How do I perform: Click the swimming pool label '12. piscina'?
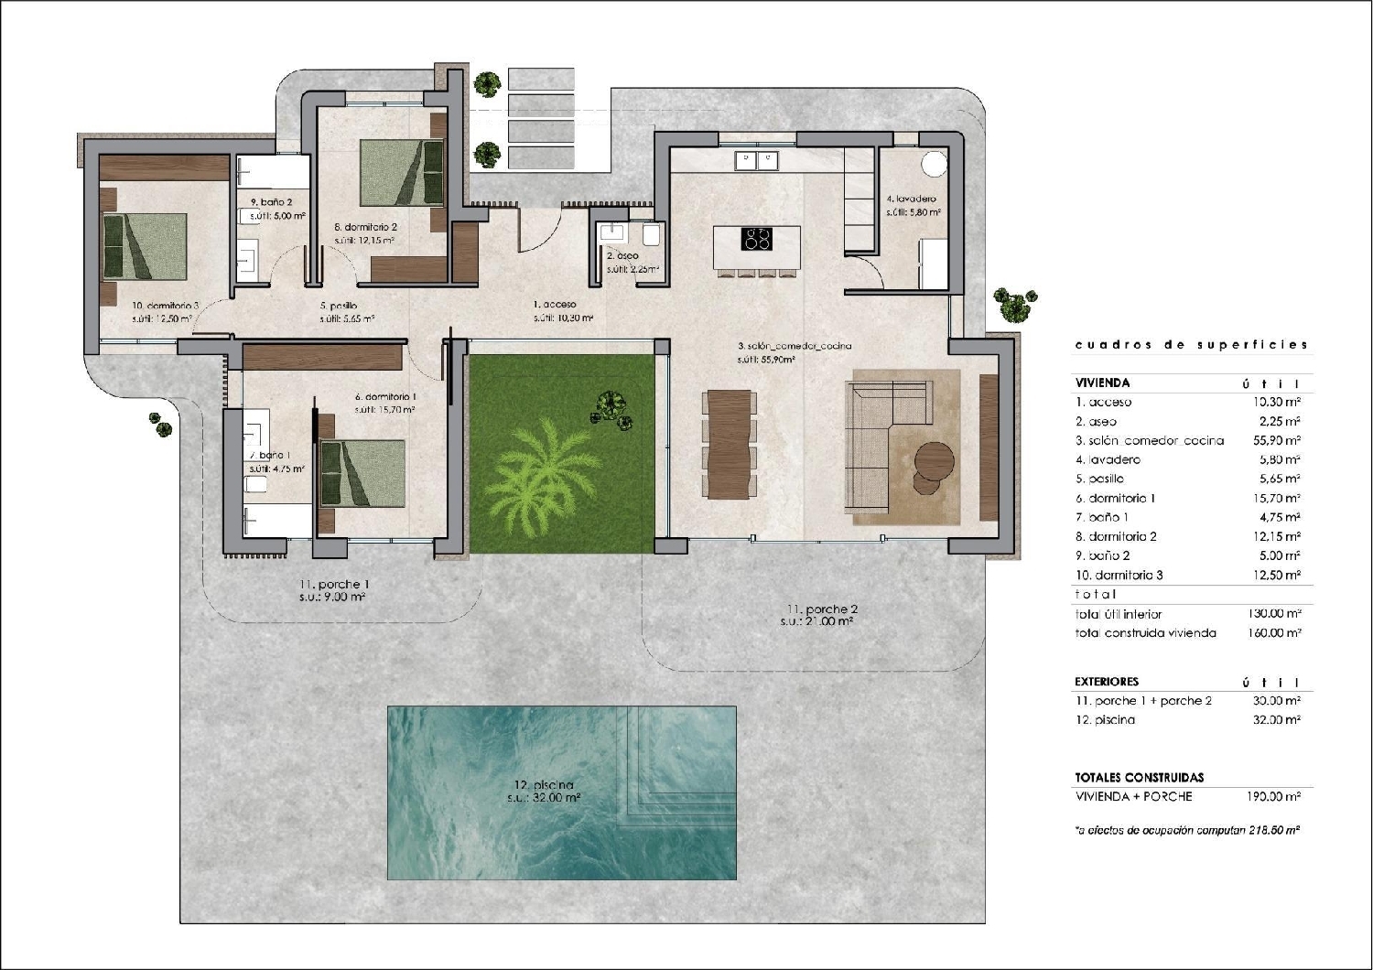(544, 784)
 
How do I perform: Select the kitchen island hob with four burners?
(756, 240)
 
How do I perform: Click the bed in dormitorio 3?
(145, 246)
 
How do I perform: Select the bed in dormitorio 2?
(401, 171)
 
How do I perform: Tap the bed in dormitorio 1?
(362, 472)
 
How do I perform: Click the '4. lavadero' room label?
(911, 199)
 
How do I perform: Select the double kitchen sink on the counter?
(756, 161)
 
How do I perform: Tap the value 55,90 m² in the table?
(1279, 440)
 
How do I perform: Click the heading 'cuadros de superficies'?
(1191, 345)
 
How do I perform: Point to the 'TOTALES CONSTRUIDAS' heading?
(1139, 777)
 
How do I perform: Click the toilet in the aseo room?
(652, 236)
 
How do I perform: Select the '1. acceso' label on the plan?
(555, 304)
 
